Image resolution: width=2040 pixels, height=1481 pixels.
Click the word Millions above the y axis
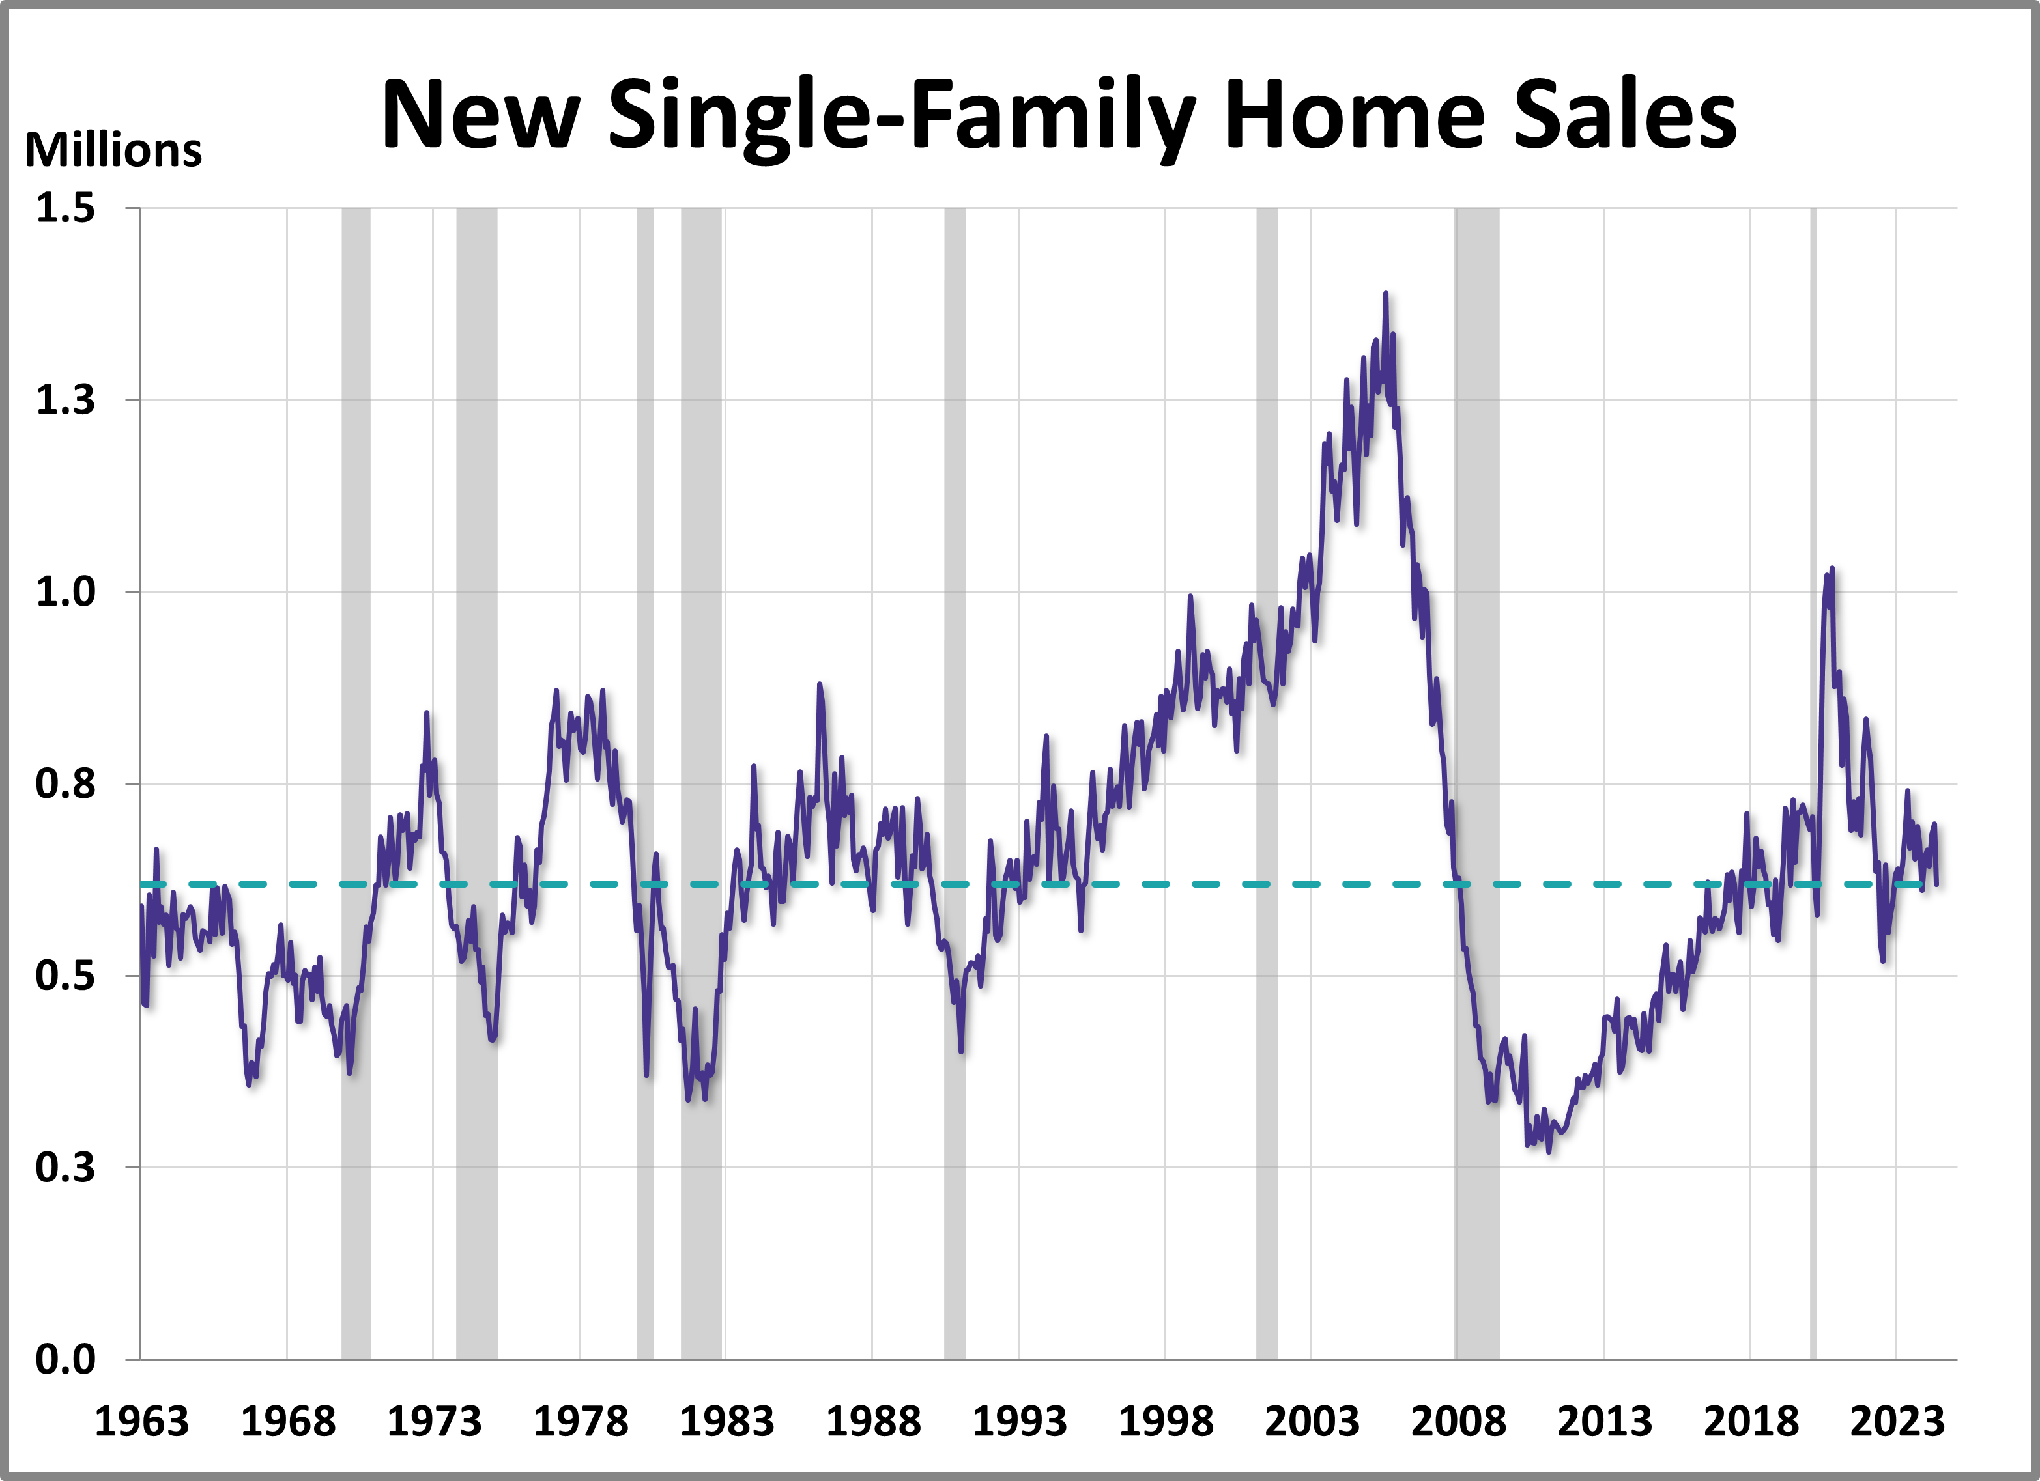pos(113,150)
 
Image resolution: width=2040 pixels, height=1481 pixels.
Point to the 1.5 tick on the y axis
pos(65,208)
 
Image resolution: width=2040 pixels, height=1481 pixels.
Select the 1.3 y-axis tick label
pos(65,400)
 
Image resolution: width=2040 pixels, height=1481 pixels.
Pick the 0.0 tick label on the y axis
pos(65,1360)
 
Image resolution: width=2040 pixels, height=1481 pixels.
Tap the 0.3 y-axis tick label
pos(65,1168)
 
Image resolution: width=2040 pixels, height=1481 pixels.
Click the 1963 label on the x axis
pos(141,1422)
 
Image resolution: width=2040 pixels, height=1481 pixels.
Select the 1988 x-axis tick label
pos(872,1422)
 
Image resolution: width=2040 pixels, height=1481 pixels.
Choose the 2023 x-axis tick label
pos(1897,1422)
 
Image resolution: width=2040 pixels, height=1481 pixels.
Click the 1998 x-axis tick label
pos(1166,1422)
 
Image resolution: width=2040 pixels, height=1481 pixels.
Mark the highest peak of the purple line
pos(1385,294)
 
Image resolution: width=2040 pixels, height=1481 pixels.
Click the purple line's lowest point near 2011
pos(1548,1151)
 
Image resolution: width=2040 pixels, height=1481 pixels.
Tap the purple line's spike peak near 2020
pos(1832,569)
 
